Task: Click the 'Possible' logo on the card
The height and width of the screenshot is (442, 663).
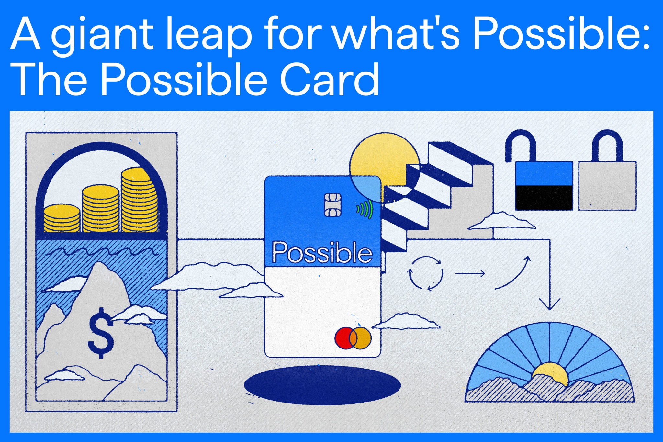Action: point(322,252)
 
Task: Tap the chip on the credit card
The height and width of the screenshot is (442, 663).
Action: point(333,204)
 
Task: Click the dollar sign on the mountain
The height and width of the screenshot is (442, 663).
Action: point(101,333)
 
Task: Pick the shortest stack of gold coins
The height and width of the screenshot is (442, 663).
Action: point(62,218)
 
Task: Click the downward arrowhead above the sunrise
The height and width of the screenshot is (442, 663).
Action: point(549,305)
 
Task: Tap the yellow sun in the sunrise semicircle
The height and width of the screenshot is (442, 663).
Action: point(550,373)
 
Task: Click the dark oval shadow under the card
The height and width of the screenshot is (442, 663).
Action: point(322,385)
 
